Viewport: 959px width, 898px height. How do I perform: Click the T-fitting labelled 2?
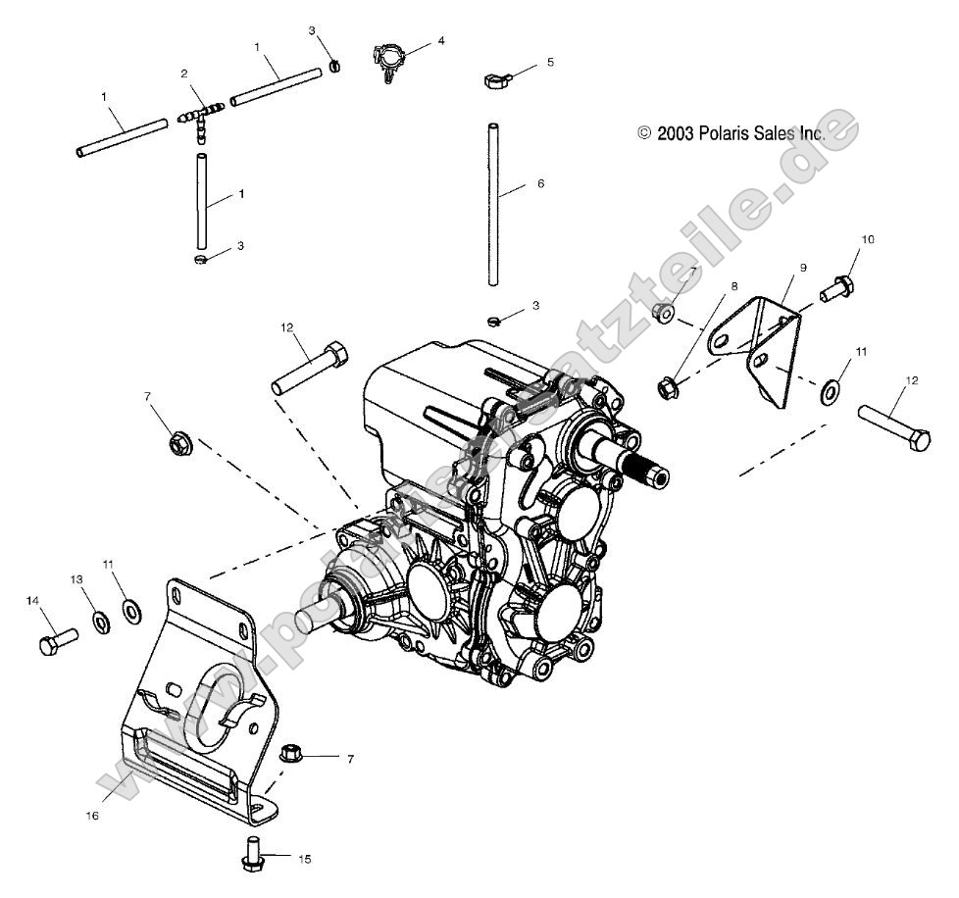(x=200, y=118)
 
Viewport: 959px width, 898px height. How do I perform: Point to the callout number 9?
(x=802, y=267)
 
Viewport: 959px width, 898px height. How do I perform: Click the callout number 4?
(x=441, y=41)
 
